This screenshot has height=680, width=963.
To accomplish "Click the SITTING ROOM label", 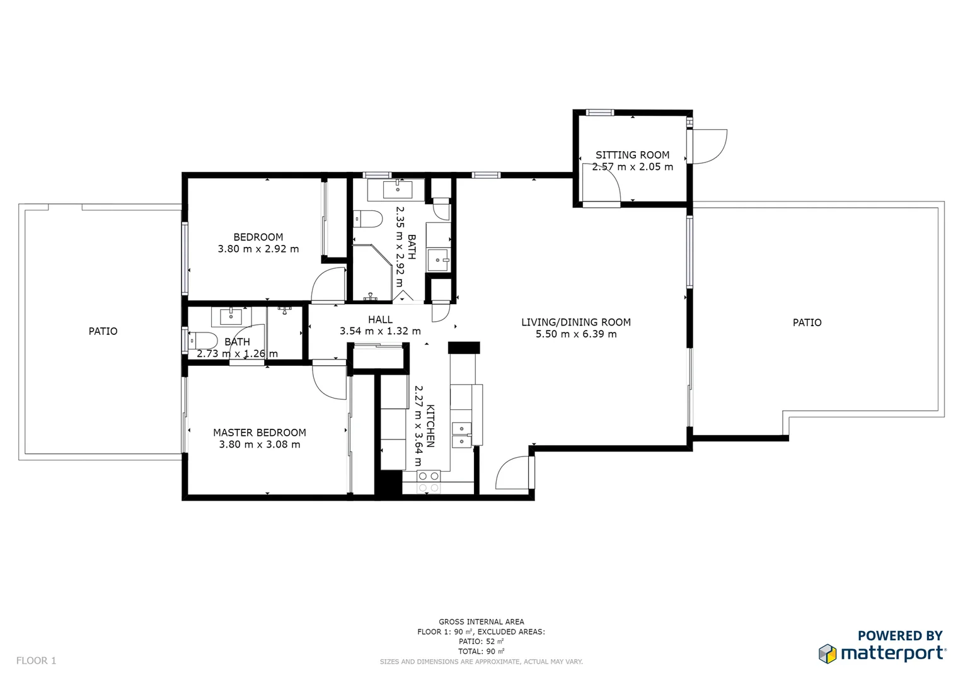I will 632,155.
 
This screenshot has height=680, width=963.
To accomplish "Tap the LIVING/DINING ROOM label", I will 575,322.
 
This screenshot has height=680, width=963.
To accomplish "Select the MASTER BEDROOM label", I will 259,433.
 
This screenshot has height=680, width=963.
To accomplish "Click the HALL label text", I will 380,320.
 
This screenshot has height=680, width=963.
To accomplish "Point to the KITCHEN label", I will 430,426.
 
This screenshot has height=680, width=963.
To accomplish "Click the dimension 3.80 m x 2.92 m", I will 258,249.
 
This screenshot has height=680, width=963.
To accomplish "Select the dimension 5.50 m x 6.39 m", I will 575,334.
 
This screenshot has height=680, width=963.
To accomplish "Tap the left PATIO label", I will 103,331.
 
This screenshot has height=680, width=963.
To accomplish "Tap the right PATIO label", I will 807,322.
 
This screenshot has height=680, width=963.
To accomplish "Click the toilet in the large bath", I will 369,219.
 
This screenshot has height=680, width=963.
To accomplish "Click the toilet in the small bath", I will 202,340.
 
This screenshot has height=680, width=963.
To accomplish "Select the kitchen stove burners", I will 429,482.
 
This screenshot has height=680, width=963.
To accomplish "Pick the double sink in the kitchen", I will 461,435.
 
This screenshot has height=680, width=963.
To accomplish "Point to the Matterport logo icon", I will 827,654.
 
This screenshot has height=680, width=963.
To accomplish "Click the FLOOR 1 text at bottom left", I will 36,660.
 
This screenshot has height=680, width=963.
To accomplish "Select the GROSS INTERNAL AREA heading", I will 481,621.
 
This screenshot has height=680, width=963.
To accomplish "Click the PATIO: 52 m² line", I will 481,642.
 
